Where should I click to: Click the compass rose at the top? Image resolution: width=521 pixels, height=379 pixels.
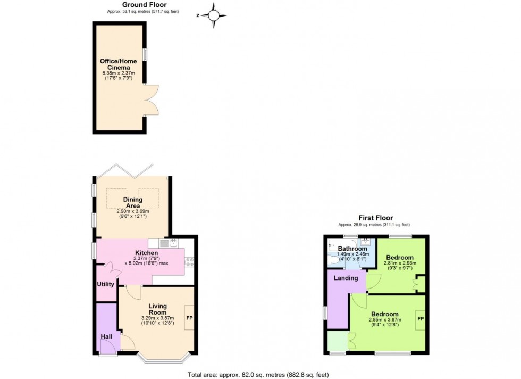click(214, 15)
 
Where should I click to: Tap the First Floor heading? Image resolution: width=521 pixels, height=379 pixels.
click(375, 218)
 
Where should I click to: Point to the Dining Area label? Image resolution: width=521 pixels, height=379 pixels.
click(133, 203)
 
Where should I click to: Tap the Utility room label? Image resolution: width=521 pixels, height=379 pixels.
click(105, 284)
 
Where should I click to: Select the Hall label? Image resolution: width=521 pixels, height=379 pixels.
click(107, 336)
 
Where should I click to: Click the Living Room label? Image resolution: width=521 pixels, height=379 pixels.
click(157, 309)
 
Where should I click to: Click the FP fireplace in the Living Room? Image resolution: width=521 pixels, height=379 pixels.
click(189, 317)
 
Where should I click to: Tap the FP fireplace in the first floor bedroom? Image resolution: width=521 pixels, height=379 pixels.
click(420, 319)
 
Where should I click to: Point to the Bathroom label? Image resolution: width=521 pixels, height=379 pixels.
click(352, 249)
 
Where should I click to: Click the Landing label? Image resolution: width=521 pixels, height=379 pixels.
click(346, 278)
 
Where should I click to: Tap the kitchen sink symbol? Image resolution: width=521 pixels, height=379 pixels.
click(169, 243)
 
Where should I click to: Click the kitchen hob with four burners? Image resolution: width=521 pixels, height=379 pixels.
click(189, 261)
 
